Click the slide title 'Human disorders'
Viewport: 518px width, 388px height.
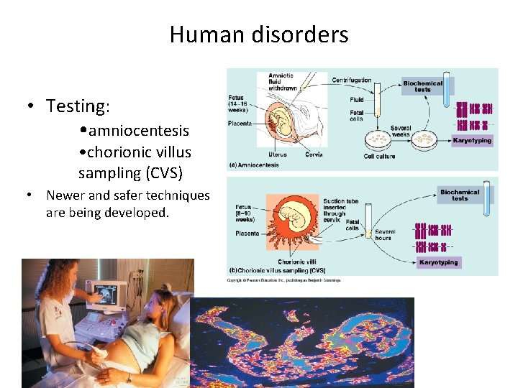[259, 34]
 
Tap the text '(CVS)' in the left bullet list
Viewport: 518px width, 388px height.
[164, 172]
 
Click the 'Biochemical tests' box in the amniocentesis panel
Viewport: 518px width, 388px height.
[422, 86]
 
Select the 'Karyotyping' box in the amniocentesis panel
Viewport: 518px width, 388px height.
[472, 140]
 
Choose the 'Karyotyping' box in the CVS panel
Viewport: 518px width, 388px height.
[438, 262]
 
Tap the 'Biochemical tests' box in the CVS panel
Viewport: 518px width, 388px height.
[460, 195]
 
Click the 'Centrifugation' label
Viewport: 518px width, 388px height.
[352, 80]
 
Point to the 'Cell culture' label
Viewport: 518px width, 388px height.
[379, 156]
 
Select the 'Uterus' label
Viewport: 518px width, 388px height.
[278, 154]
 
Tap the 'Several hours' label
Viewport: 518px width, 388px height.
[383, 234]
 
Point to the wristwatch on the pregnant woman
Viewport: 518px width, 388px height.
[129, 377]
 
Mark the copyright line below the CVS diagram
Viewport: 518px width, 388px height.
[284, 280]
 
